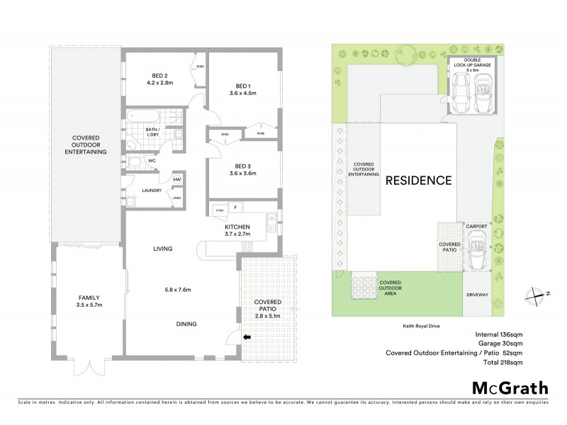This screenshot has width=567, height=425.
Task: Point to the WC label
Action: [152, 161]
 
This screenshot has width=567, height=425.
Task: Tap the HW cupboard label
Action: [176, 180]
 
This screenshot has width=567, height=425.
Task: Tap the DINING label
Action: [187, 324]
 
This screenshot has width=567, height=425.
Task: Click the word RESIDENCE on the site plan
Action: [418, 180]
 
